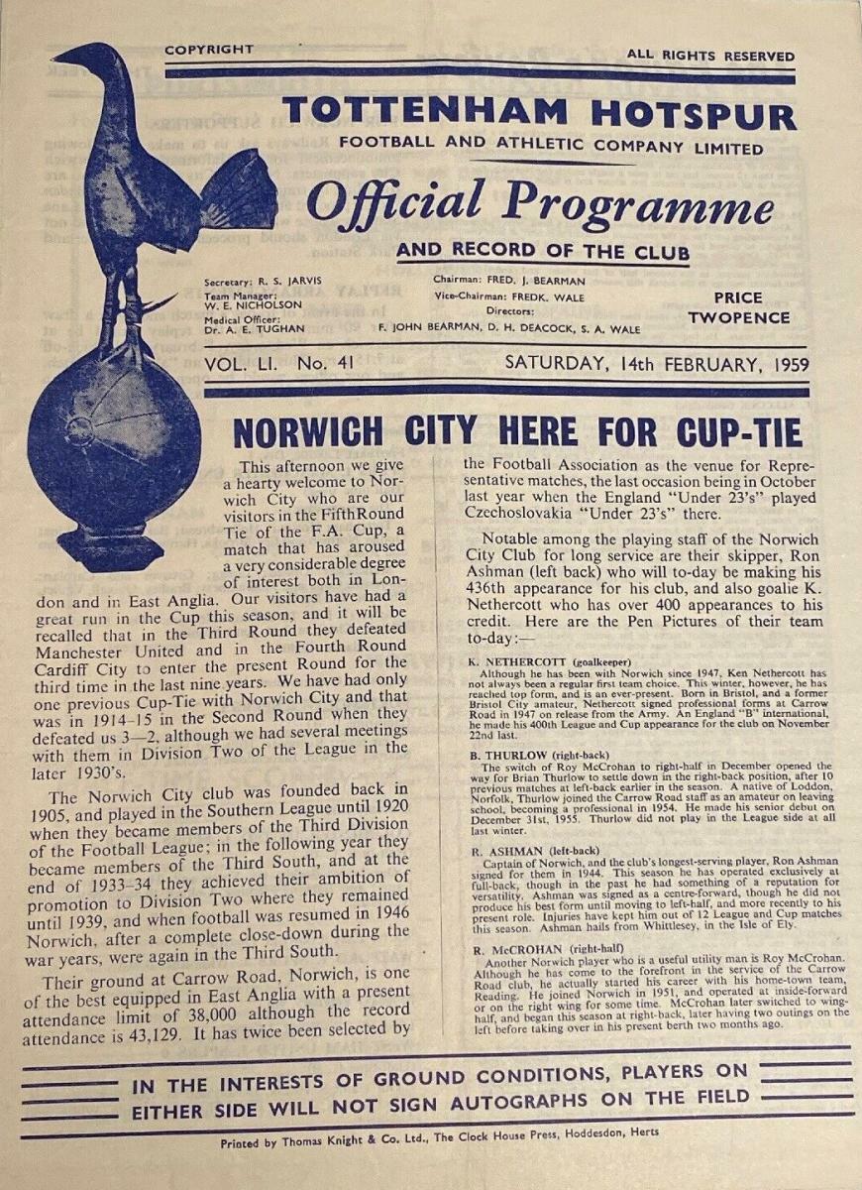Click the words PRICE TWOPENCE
(738, 307)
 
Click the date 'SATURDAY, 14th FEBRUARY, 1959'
(657, 363)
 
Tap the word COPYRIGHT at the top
(208, 50)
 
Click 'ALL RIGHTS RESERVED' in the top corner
(709, 56)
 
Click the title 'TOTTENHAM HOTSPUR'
(539, 113)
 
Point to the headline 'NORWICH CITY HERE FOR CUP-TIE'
(516, 432)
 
